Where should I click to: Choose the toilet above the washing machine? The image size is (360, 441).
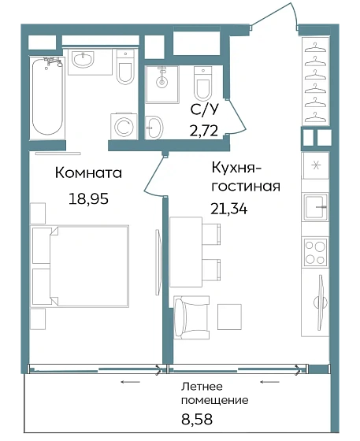[124, 69]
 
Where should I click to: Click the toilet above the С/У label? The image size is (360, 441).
[203, 81]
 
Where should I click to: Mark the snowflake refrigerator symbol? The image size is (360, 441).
[315, 165]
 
